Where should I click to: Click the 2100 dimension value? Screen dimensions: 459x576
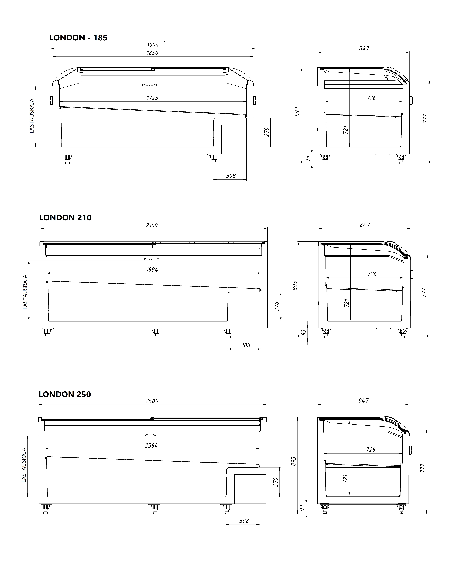tap(152, 225)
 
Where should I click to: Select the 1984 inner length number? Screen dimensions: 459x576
tap(152, 270)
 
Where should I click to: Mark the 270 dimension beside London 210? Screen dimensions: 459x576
tap(277, 306)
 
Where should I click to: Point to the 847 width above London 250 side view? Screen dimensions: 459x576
tap(364, 400)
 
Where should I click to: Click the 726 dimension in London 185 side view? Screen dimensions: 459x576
tap(371, 98)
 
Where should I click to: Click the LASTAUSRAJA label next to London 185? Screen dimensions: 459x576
tap(32, 116)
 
